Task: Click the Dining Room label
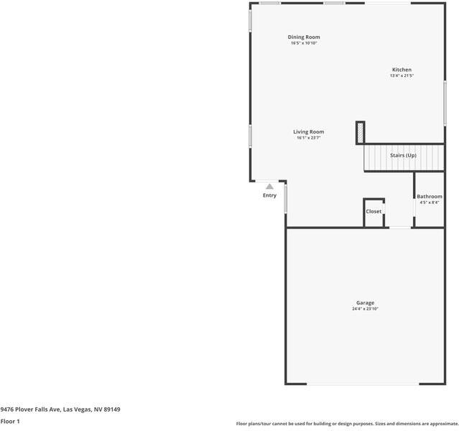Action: click(x=303, y=37)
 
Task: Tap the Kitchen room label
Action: click(x=402, y=70)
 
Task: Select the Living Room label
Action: click(x=308, y=131)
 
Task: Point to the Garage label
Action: click(x=365, y=302)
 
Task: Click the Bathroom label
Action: click(x=430, y=196)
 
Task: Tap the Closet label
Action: click(x=374, y=211)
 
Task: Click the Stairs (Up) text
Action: click(x=403, y=155)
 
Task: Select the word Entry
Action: click(x=269, y=195)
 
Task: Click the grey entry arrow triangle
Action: click(x=269, y=186)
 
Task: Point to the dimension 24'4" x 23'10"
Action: click(x=365, y=309)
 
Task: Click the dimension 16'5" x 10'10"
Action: click(x=303, y=43)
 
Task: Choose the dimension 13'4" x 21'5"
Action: click(x=402, y=75)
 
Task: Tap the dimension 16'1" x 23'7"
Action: click(x=308, y=138)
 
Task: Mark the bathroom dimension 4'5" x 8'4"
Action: click(x=430, y=203)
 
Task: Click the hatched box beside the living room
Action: click(x=360, y=133)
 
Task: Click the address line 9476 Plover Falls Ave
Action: click(x=60, y=409)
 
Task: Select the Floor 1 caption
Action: click(x=10, y=421)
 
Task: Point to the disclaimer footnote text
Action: click(x=347, y=424)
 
